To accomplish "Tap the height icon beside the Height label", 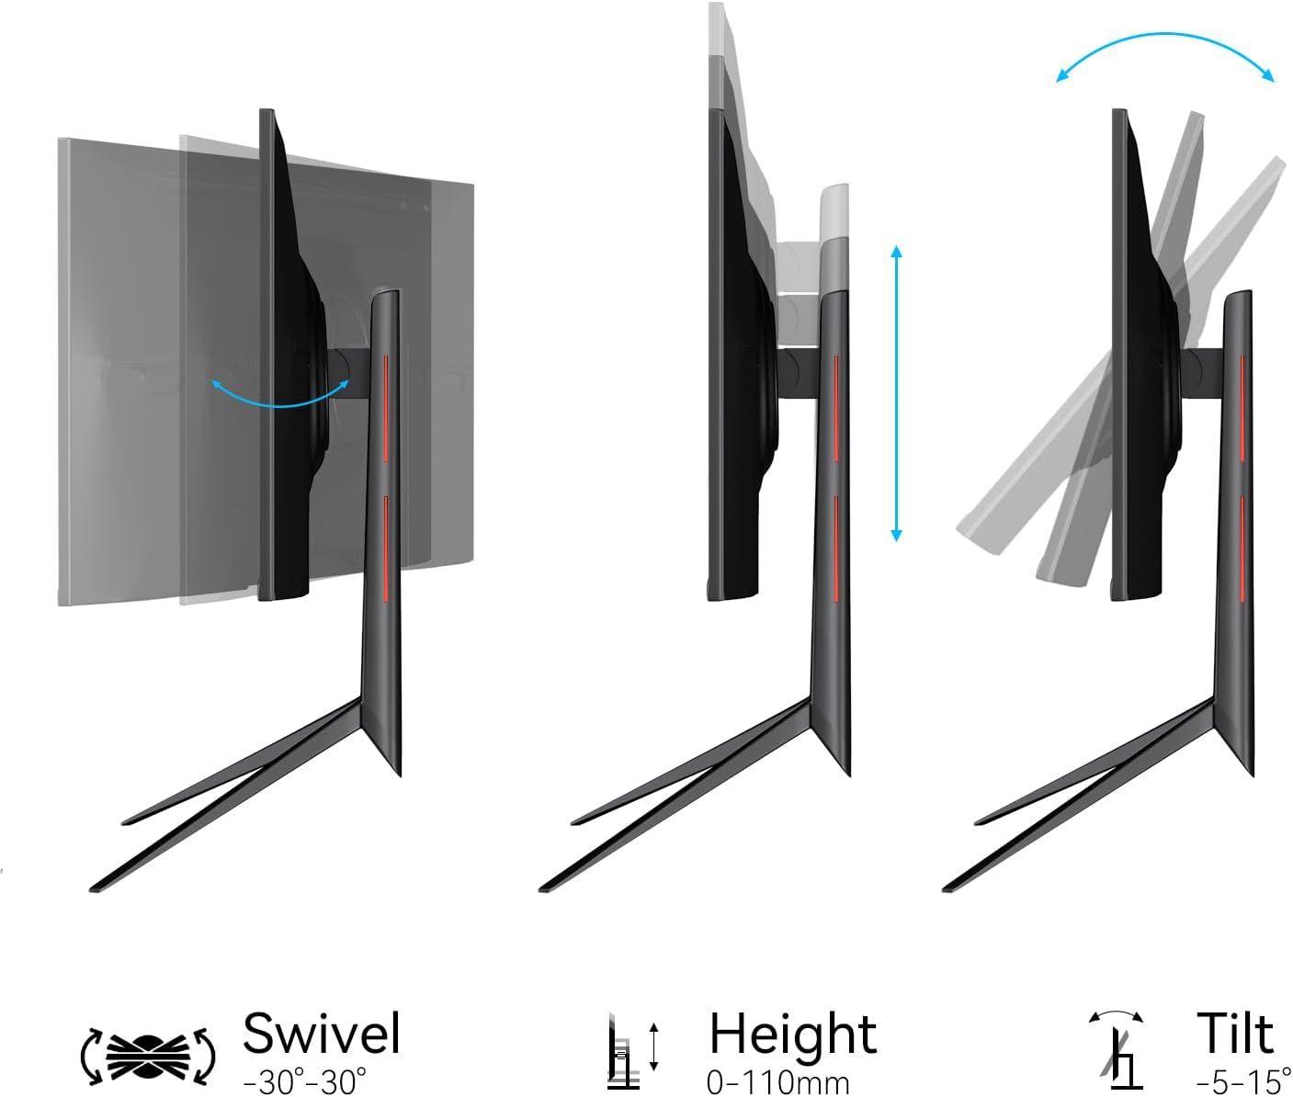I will click(633, 1049).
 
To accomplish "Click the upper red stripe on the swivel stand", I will click(386, 408).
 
